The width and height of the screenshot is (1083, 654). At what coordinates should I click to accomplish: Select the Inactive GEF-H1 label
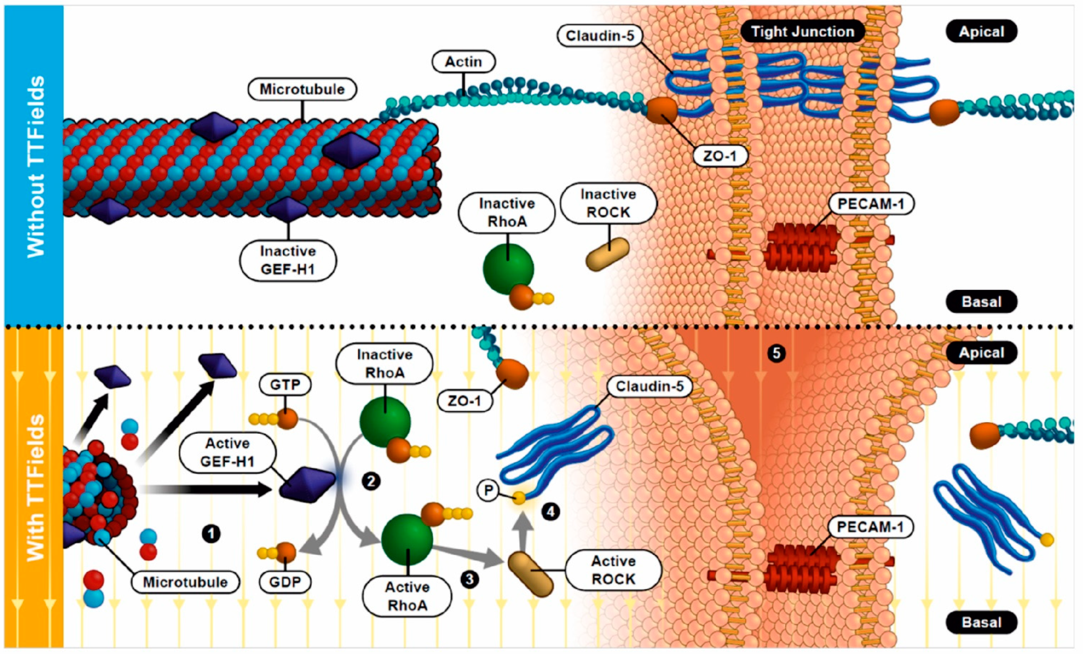(x=288, y=260)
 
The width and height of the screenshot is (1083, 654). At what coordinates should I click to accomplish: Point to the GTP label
(x=285, y=385)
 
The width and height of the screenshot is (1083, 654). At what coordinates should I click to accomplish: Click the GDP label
(x=285, y=582)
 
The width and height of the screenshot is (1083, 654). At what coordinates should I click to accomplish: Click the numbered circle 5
(x=776, y=353)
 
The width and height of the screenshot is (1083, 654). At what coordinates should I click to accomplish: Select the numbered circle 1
(x=211, y=534)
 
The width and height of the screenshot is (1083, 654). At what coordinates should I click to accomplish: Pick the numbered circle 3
(x=469, y=579)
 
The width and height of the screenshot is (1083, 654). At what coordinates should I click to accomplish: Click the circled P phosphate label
(x=488, y=490)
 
